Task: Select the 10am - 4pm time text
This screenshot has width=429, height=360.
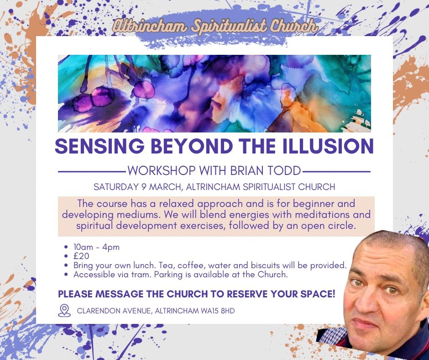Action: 96,247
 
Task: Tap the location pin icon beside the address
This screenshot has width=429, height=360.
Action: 64,311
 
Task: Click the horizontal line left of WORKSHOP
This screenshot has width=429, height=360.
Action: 92,172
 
